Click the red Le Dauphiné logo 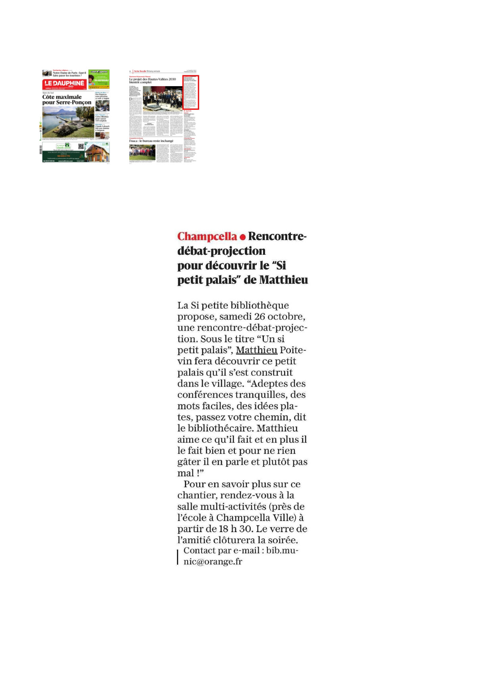(x=64, y=84)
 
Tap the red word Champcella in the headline (x=207, y=236)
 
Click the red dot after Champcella (x=242, y=237)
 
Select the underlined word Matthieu (x=256, y=350)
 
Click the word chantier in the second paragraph (x=197, y=496)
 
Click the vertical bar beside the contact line (x=178, y=556)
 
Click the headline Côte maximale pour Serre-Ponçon (x=67, y=100)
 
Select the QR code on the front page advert (x=81, y=147)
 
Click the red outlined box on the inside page (x=190, y=92)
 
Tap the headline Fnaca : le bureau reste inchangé (x=151, y=141)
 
